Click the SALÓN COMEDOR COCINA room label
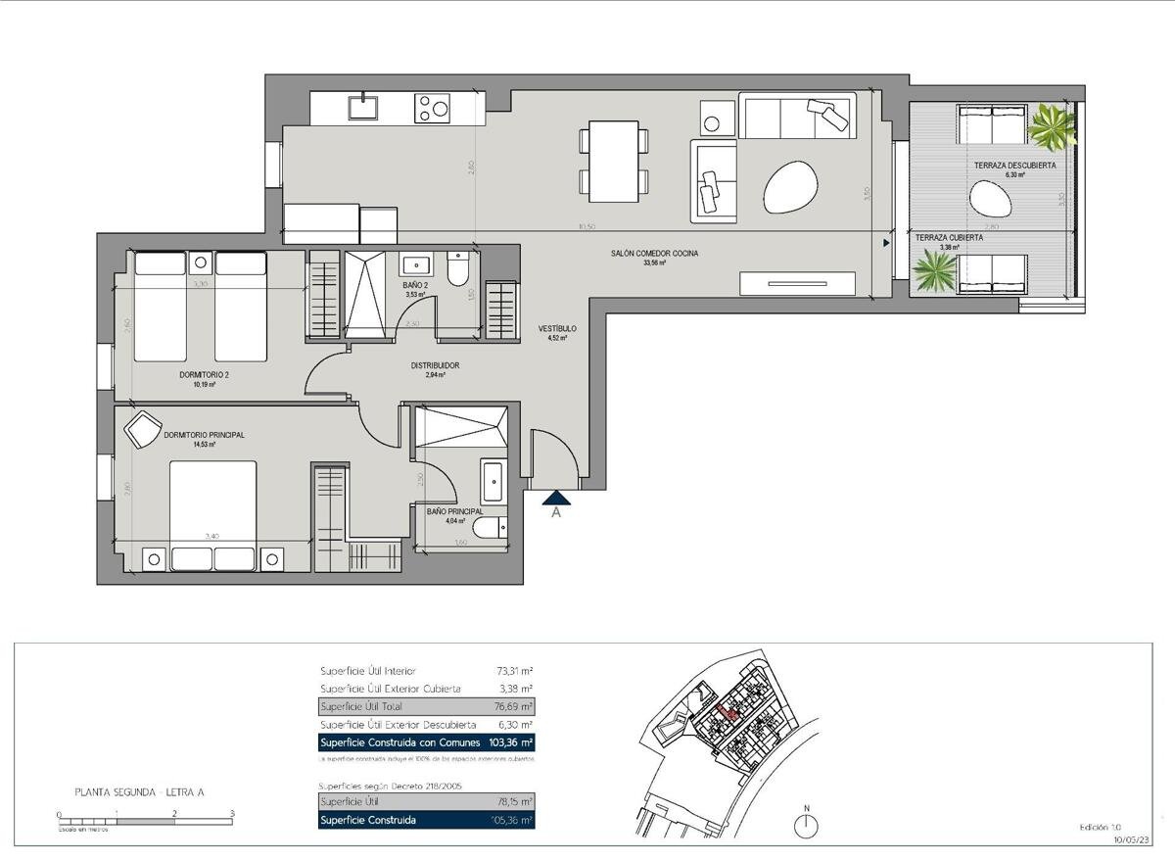click(654, 253)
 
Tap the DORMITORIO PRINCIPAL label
click(204, 434)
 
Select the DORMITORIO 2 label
click(204, 374)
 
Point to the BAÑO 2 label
click(416, 285)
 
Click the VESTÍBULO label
click(557, 329)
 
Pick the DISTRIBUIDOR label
click(436, 365)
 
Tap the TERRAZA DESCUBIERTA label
click(1014, 166)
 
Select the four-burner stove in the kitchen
click(432, 107)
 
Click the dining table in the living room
click(614, 161)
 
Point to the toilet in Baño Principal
click(491, 529)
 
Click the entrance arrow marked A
click(555, 499)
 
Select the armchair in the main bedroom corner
click(142, 428)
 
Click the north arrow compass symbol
click(806, 823)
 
